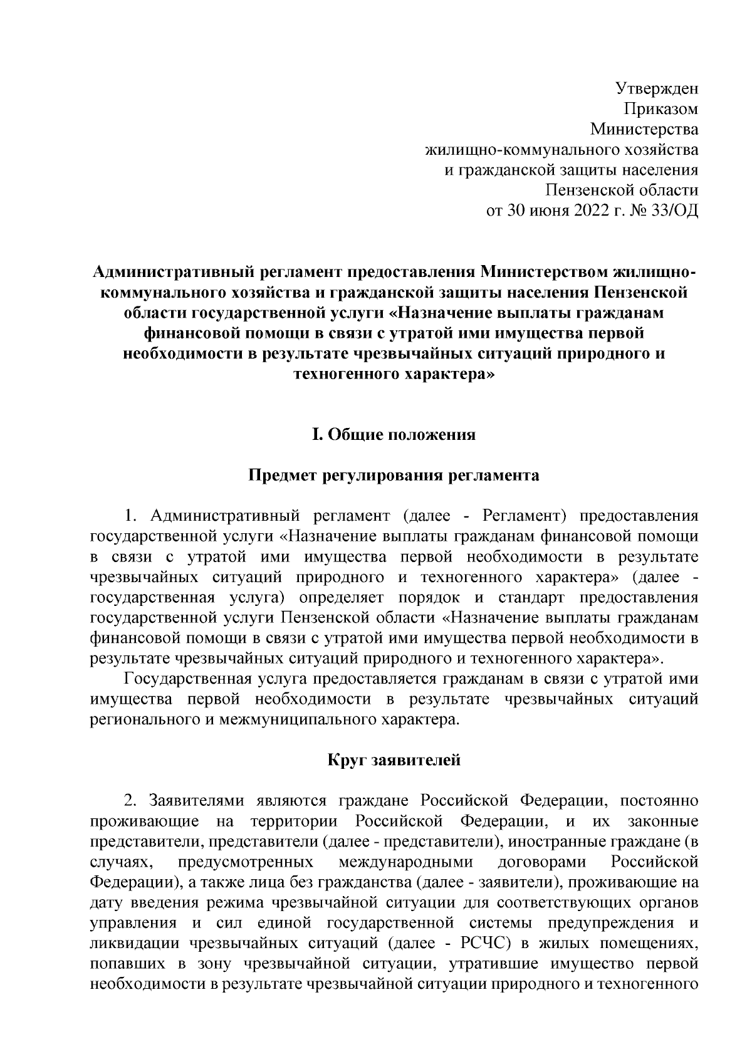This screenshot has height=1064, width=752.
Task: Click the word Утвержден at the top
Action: (656, 88)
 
